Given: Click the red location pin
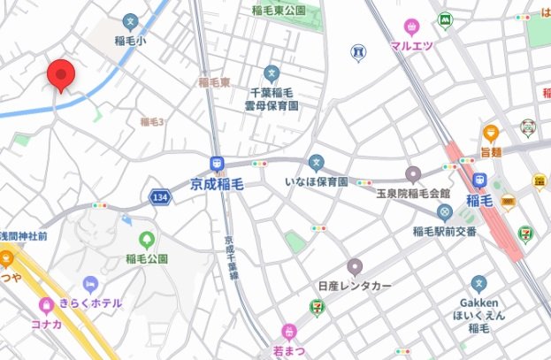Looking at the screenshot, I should click(x=60, y=74).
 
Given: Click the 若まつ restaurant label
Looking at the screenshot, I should click(x=288, y=349).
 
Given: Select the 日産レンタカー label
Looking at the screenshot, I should click(x=354, y=287).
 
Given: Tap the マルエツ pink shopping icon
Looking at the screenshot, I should click(x=411, y=27).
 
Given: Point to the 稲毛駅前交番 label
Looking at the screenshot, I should click(x=444, y=232).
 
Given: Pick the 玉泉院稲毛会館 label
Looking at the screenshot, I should click(x=412, y=192).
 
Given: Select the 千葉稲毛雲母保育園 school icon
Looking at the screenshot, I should click(x=272, y=73).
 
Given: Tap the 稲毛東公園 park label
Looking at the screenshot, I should click(x=279, y=10).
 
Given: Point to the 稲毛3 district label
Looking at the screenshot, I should click(x=152, y=121).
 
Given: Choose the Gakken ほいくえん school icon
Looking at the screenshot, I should click(x=478, y=284).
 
